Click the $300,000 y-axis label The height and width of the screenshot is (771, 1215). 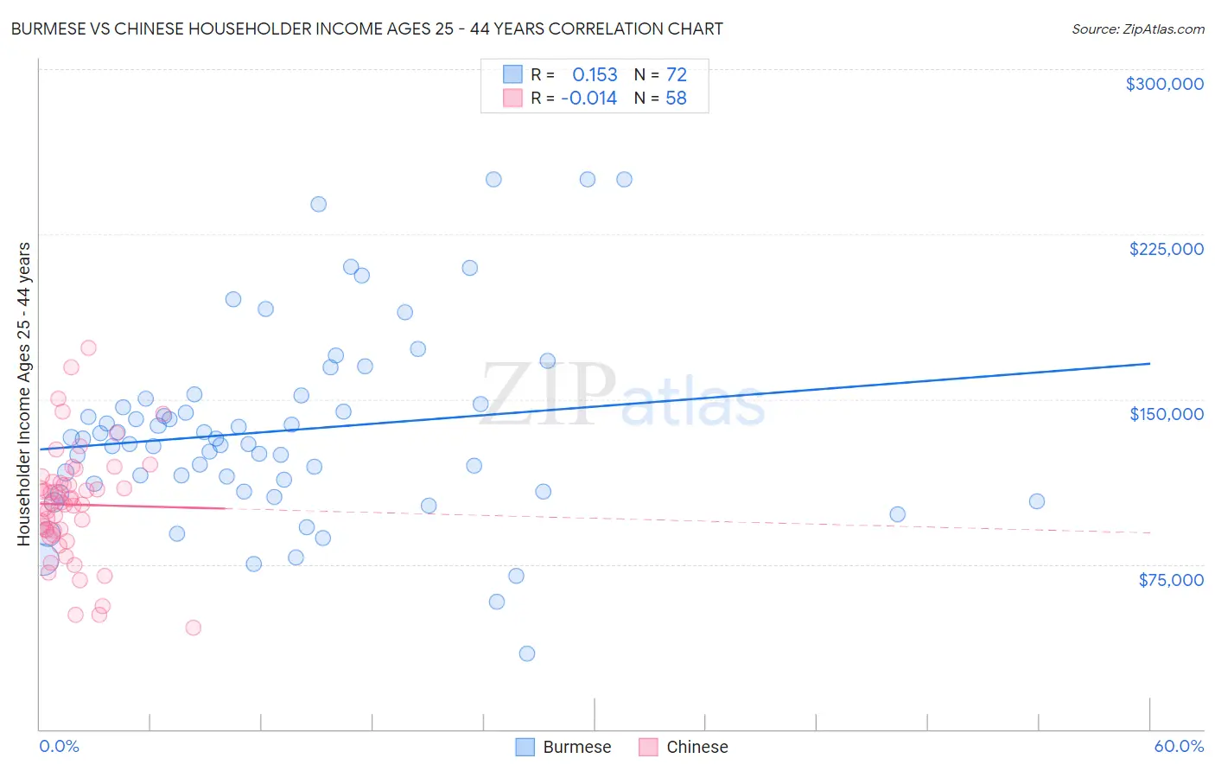(1164, 84)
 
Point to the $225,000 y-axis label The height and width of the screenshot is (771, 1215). (1166, 249)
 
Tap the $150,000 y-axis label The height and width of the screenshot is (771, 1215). (1166, 414)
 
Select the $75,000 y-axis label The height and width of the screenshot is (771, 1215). (1170, 580)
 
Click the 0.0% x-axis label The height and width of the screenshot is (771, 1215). (59, 746)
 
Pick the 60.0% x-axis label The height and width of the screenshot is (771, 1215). (1179, 746)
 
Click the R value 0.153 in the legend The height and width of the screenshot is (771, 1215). (595, 75)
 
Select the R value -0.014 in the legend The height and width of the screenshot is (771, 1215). (588, 99)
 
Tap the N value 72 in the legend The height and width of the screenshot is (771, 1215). (676, 75)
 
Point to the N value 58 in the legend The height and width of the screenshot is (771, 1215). (676, 99)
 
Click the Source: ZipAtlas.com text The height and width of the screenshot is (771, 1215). (1137, 29)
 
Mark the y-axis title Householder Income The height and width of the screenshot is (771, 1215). (24, 393)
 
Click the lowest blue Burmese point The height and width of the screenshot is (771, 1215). (527, 653)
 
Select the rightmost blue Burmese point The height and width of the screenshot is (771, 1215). (1037, 501)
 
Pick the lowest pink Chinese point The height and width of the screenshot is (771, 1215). (194, 628)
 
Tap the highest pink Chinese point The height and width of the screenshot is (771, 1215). (88, 348)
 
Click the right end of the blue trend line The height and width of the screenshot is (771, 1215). (1149, 364)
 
